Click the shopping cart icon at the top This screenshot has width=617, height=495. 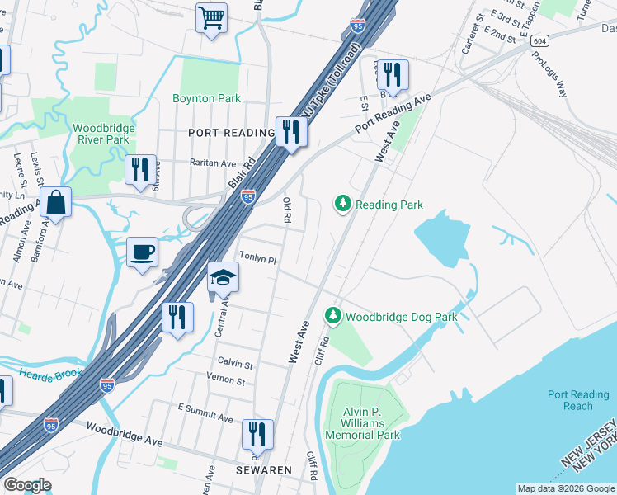[211, 17]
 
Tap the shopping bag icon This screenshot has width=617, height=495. [55, 202]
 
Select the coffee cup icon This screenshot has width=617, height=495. [142, 252]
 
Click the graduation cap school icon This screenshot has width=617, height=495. [223, 277]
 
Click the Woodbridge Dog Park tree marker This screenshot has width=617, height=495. [332, 315]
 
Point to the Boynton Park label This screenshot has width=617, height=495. [206, 98]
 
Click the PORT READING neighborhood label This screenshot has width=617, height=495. [231, 133]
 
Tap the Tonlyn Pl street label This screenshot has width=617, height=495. [257, 258]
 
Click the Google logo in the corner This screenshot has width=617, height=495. [27, 485]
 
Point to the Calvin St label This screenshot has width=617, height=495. [235, 364]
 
